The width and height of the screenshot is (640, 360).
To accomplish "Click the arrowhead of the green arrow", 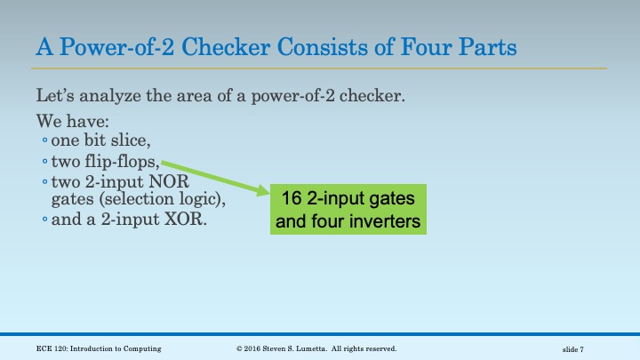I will click(264, 191).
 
